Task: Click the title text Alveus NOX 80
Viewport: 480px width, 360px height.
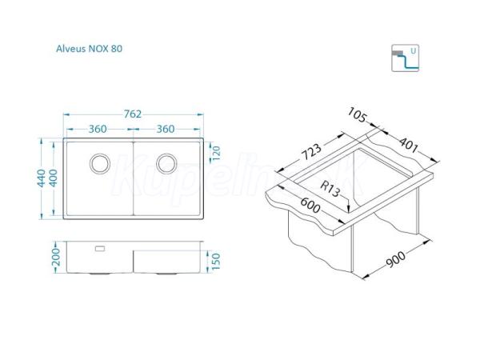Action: tap(89, 49)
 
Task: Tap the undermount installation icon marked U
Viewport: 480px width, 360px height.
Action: tap(405, 58)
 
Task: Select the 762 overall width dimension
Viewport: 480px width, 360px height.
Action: tap(133, 114)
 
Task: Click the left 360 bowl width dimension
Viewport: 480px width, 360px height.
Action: tap(98, 129)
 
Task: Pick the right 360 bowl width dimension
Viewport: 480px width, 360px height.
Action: tap(166, 129)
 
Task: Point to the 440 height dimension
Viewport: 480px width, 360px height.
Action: tap(42, 178)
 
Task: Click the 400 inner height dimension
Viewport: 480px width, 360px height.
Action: tap(54, 178)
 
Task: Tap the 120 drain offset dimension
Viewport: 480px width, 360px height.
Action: tap(216, 154)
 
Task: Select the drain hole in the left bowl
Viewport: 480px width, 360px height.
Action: tap(100, 163)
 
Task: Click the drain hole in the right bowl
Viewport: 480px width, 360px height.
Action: tap(166, 163)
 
